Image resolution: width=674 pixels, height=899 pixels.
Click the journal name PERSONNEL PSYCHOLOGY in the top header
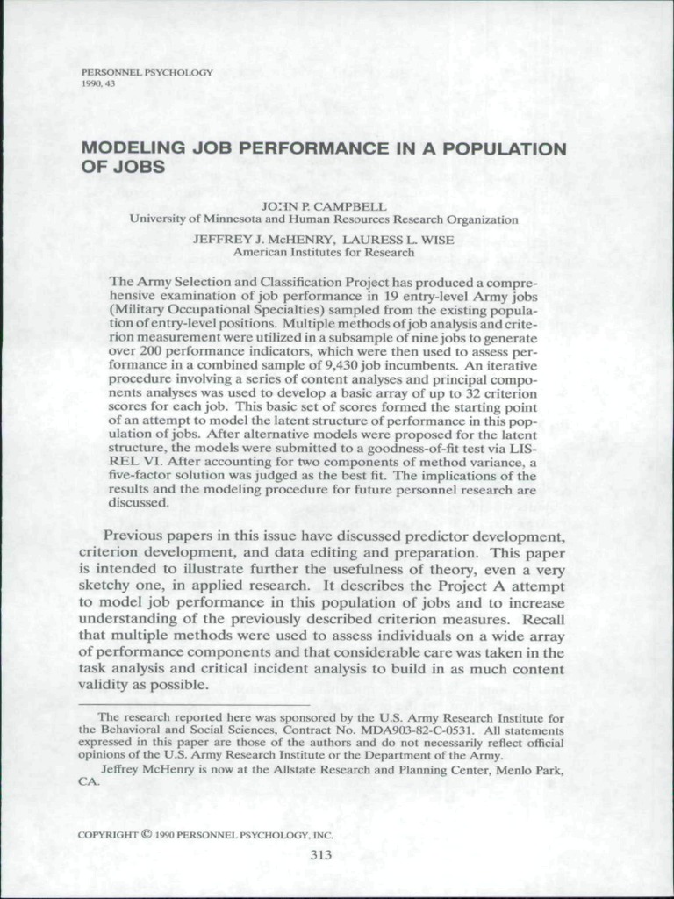click(x=147, y=71)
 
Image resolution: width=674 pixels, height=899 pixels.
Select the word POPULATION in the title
click(x=514, y=149)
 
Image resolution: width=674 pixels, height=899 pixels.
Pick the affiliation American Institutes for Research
click(x=324, y=251)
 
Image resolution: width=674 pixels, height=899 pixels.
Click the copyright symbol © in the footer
click(x=146, y=834)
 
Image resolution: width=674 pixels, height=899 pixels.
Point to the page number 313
click(x=321, y=855)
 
